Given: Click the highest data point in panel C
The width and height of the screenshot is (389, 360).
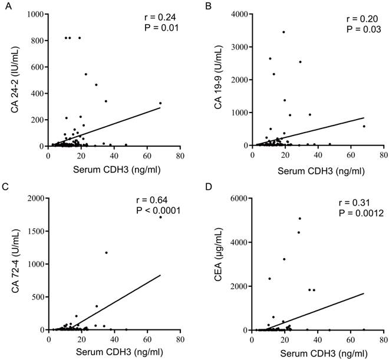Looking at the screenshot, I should (x=160, y=217).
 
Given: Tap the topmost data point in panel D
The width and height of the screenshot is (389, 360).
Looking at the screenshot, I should (x=300, y=219).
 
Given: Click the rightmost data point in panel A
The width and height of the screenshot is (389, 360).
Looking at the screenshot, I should (x=160, y=103).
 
